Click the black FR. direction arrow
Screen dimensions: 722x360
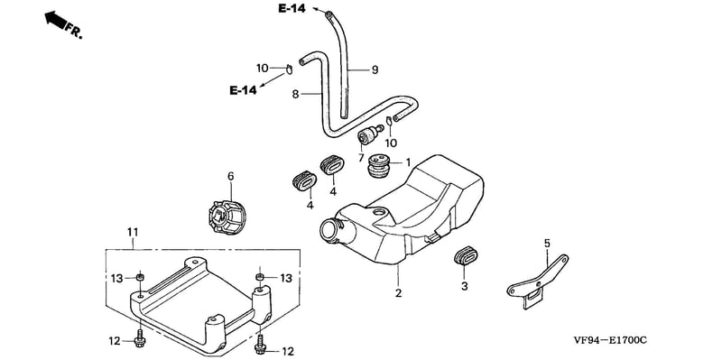click(55, 20)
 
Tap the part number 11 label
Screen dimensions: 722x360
click(133, 233)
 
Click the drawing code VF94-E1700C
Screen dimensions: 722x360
click(610, 340)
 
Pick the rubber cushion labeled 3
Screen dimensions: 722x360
click(465, 257)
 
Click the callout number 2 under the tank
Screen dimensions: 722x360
click(398, 293)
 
